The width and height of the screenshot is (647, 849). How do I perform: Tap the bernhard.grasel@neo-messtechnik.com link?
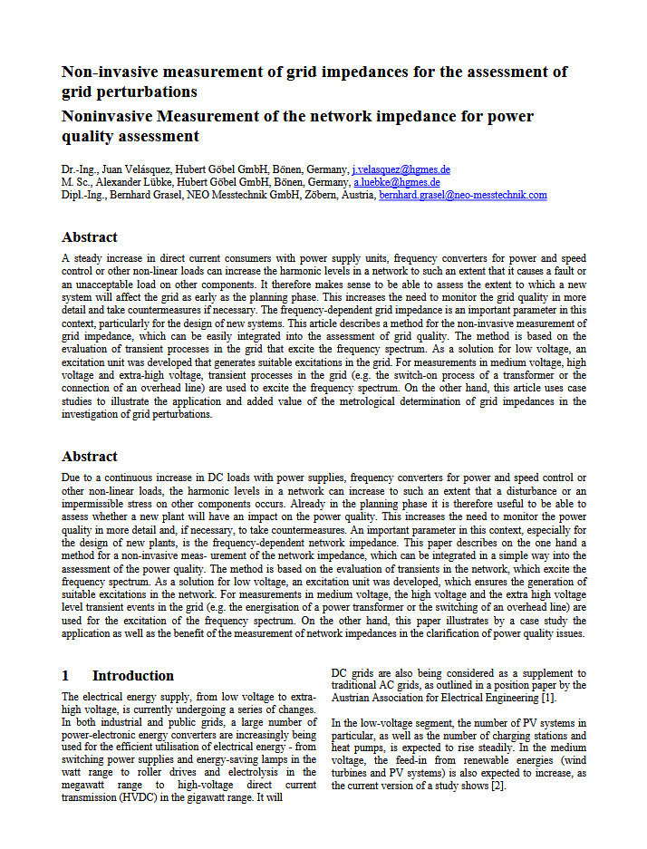click(463, 195)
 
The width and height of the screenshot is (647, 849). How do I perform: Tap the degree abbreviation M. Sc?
click(77, 182)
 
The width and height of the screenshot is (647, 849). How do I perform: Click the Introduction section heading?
click(133, 676)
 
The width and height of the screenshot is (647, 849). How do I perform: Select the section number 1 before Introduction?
click(65, 676)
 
